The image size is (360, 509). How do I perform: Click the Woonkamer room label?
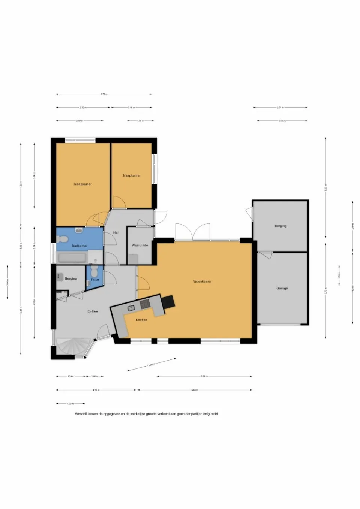pyautogui.click(x=202, y=281)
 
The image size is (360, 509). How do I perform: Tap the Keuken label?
pyautogui.click(x=141, y=320)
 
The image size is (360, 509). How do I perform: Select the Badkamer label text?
pyautogui.click(x=79, y=246)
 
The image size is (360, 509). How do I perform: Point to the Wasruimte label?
pyautogui.click(x=139, y=246)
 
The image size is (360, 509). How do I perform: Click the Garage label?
pyautogui.click(x=282, y=288)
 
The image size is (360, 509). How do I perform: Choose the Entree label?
pyautogui.click(x=93, y=311)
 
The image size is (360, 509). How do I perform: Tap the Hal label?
pyautogui.click(x=116, y=233)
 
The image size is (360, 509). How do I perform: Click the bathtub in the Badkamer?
pyautogui.click(x=73, y=257)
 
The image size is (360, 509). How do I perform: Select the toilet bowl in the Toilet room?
pyautogui.click(x=94, y=270)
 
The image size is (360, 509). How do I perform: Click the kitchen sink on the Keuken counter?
pyautogui.click(x=130, y=308)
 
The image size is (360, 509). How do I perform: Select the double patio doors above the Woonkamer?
pyautogui.click(x=192, y=232)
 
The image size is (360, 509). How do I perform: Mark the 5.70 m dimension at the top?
pyautogui.click(x=104, y=94)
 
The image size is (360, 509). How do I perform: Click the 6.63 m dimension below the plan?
pyautogui.click(x=194, y=390)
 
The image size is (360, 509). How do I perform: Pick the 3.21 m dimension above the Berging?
pyautogui.click(x=280, y=108)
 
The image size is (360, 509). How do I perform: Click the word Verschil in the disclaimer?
pyautogui.click(x=81, y=414)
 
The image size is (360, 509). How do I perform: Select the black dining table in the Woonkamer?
pyautogui.click(x=168, y=301)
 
